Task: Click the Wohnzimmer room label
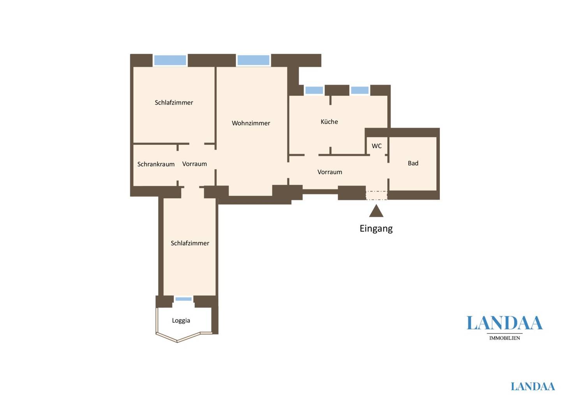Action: [x=251, y=123]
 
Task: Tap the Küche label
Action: [x=329, y=122]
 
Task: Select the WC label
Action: [x=377, y=146]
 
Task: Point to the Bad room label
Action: [x=413, y=163]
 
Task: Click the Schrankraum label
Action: [x=156, y=164]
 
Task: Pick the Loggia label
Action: [x=181, y=321]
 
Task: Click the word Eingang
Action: [x=376, y=229]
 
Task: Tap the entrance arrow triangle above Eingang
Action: [x=376, y=211]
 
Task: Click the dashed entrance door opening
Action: [x=376, y=196]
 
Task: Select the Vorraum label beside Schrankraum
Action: [x=195, y=164]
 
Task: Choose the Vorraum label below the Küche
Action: [x=330, y=172]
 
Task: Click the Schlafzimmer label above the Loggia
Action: [x=190, y=243]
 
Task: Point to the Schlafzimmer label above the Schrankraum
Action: [x=174, y=102]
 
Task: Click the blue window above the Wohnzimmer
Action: [x=253, y=60]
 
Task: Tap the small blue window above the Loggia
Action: [x=183, y=299]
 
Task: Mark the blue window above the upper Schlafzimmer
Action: [x=170, y=60]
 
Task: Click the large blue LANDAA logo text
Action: [x=505, y=323]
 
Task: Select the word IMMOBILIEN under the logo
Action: [x=505, y=338]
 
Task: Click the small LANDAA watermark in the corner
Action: [x=533, y=386]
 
